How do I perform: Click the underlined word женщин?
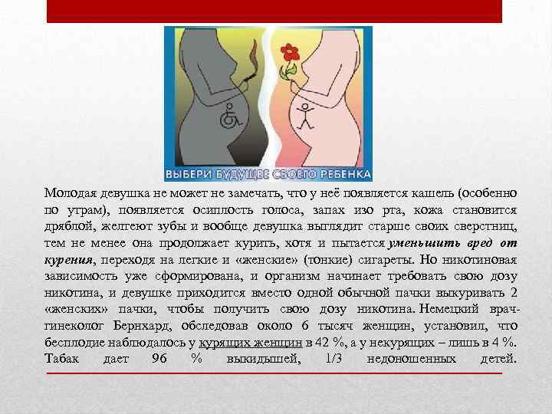[x=278, y=343]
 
